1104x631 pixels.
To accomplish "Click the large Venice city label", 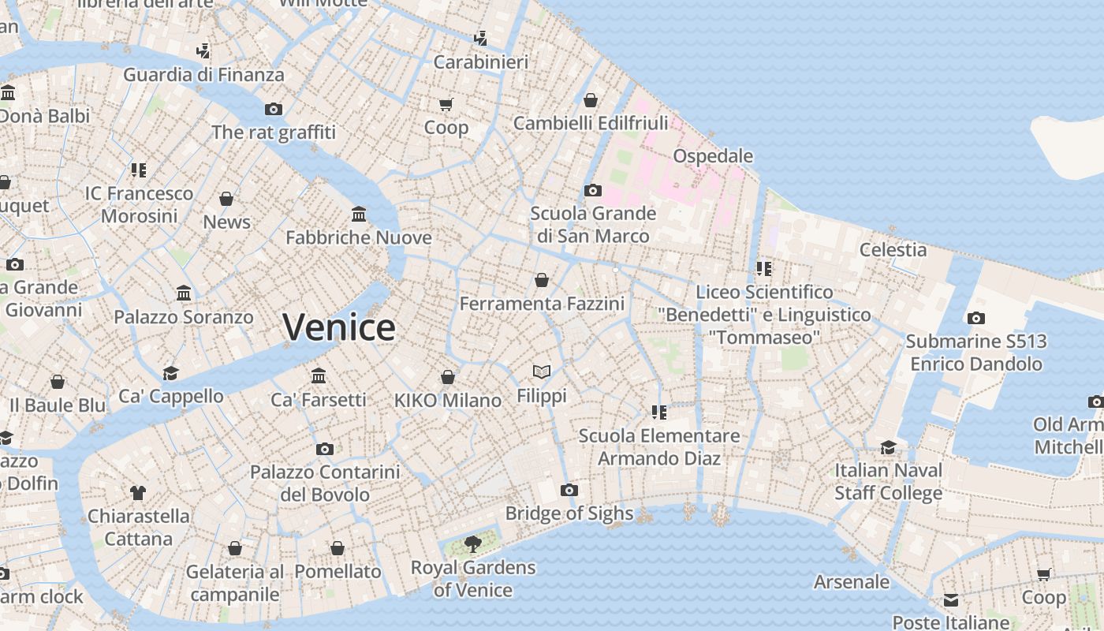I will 339,327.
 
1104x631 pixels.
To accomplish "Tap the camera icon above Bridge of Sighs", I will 569,490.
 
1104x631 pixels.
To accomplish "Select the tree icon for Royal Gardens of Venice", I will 473,543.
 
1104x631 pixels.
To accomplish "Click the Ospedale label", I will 712,156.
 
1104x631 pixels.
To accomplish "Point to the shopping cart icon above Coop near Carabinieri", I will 446,104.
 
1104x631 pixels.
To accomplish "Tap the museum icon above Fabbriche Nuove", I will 359,214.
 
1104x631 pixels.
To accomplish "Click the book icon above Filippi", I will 541,372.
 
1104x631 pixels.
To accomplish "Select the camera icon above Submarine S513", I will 975,318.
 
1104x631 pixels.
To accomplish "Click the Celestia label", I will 893,250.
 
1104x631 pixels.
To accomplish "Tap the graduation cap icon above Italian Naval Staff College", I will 889,447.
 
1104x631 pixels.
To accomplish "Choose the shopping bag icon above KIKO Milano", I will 448,377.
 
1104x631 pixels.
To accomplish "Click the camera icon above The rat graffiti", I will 274,109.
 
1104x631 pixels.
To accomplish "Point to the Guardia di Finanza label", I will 203,75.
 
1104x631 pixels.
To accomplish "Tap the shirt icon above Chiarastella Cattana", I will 139,493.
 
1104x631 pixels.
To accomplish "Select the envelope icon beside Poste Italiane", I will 951,600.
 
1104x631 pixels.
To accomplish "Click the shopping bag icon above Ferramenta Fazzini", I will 542,280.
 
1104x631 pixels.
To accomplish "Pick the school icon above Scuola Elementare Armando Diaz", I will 659,412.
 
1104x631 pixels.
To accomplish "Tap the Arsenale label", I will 852,582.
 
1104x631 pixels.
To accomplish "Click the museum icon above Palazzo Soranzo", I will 184,293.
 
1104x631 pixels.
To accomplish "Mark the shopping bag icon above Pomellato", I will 338,548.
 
